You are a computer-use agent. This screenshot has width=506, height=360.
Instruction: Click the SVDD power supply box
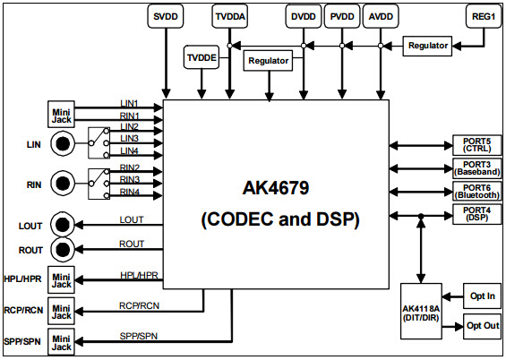click(165, 16)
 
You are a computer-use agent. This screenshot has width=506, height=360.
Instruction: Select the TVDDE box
click(202, 57)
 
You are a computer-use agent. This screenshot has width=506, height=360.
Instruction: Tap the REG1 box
click(484, 16)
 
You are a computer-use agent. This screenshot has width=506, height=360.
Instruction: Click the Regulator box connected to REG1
click(427, 46)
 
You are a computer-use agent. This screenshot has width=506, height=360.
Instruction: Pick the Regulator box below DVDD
click(268, 60)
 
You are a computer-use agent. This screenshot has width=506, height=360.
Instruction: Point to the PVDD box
click(342, 16)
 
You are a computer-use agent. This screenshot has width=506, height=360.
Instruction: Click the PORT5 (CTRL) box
click(477, 145)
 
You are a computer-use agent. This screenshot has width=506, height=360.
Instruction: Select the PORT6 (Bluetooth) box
click(477, 192)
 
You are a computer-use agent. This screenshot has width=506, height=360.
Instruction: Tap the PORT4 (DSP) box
click(477, 214)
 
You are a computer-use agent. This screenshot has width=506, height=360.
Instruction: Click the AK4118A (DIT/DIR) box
click(421, 312)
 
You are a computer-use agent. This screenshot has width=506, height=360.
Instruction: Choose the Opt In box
click(482, 296)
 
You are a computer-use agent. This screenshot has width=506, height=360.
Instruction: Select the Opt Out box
click(482, 326)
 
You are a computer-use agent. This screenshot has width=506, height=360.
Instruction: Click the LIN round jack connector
click(63, 143)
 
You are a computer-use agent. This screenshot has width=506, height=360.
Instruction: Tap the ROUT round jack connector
click(63, 249)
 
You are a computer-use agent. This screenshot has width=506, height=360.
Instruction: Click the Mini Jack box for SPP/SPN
click(61, 342)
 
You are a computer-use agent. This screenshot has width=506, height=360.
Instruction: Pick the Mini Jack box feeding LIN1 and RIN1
click(61, 115)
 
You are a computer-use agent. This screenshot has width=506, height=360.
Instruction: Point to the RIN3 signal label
click(130, 179)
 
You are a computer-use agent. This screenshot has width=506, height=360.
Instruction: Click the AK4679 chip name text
click(276, 188)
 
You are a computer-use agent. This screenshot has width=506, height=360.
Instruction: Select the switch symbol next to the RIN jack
click(99, 184)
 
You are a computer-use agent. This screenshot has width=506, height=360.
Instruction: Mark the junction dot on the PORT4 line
click(421, 216)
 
